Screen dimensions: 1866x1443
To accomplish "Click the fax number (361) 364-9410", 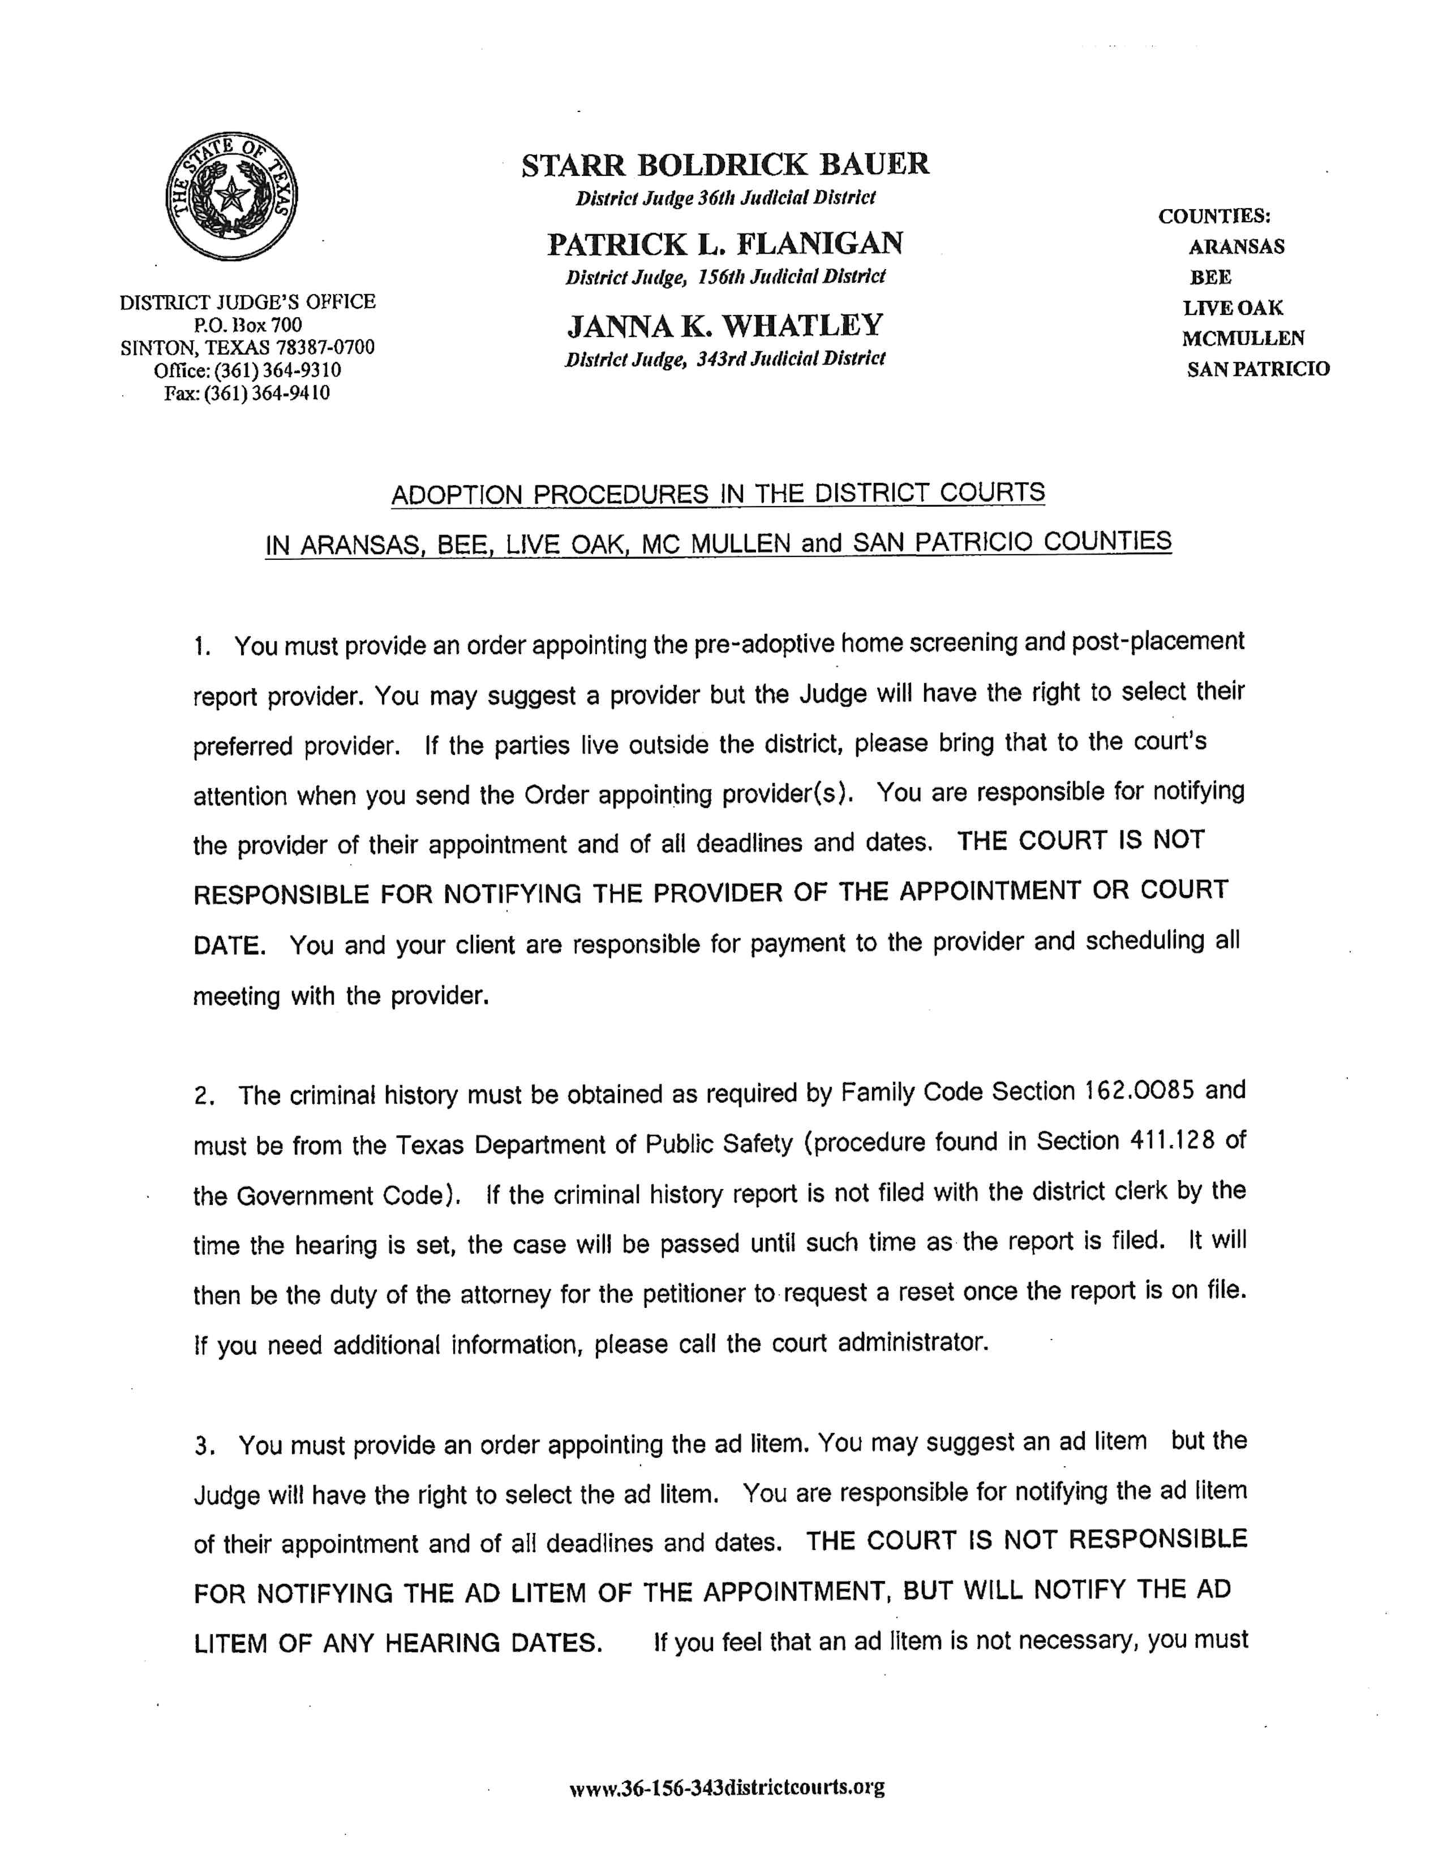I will pyautogui.click(x=266, y=393).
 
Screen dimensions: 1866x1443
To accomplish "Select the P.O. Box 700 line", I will pyautogui.click(x=248, y=325).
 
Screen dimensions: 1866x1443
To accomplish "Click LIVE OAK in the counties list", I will pyautogui.click(x=1232, y=308).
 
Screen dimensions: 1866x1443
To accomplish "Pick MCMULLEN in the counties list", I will pyautogui.click(x=1243, y=338).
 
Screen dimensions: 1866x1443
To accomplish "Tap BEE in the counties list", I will pyautogui.click(x=1210, y=277).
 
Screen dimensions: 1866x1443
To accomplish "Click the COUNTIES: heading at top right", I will pyautogui.click(x=1214, y=216).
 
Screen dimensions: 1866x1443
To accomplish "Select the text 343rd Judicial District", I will pyautogui.click(x=791, y=359).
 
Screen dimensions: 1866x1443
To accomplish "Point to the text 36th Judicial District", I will pyautogui.click(x=787, y=198).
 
